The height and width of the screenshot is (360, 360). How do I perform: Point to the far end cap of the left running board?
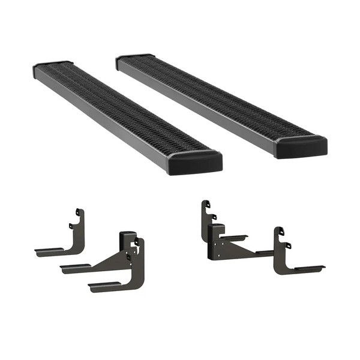tap(52, 64)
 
